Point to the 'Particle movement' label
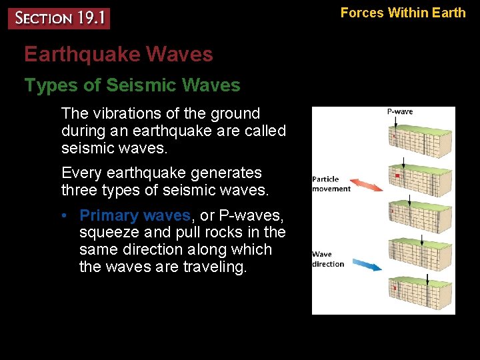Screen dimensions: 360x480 coord(331,184)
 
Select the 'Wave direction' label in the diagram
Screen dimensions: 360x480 coord(328,259)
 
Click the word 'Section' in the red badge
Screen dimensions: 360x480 coord(41,18)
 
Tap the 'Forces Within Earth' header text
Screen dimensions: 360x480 coord(403,12)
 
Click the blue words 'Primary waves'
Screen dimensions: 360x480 coord(135,215)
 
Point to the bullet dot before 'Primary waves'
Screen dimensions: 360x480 coord(68,216)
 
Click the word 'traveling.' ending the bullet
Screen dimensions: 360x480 coord(212,267)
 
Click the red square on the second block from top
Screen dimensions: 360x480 coord(398,176)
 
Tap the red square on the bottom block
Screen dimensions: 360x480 coord(395,289)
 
